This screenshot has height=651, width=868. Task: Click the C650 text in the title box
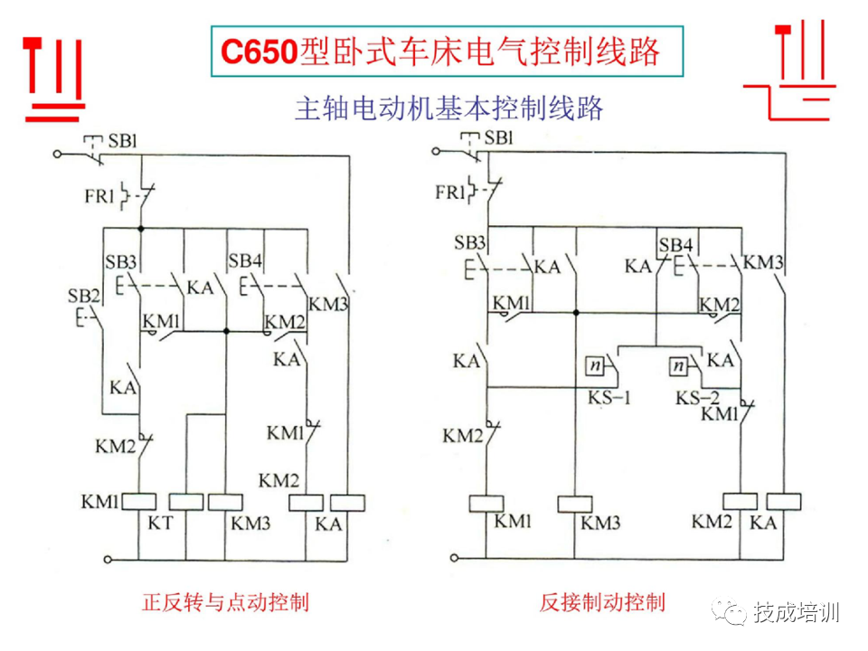(x=259, y=52)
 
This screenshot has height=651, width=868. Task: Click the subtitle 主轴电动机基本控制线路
(x=448, y=109)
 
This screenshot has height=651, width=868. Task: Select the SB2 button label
(x=83, y=296)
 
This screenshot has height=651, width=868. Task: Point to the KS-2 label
(x=698, y=398)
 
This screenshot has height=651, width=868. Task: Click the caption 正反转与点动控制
(x=225, y=603)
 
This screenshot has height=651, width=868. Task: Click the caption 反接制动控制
(x=602, y=603)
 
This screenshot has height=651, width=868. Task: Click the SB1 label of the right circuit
(x=498, y=138)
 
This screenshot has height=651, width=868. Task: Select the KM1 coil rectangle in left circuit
(x=139, y=502)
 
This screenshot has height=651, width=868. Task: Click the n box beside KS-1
(x=594, y=365)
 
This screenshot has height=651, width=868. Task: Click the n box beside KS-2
(x=678, y=366)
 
